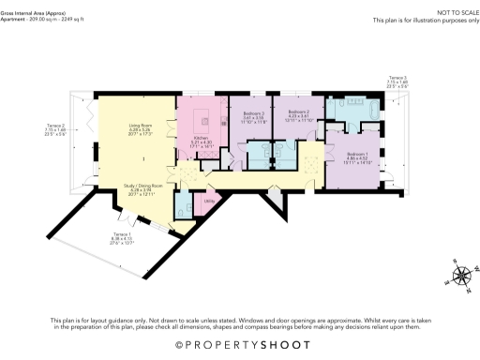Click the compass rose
click(x=461, y=275)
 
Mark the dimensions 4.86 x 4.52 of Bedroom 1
click(x=357, y=159)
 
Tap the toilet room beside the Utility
click(x=185, y=203)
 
